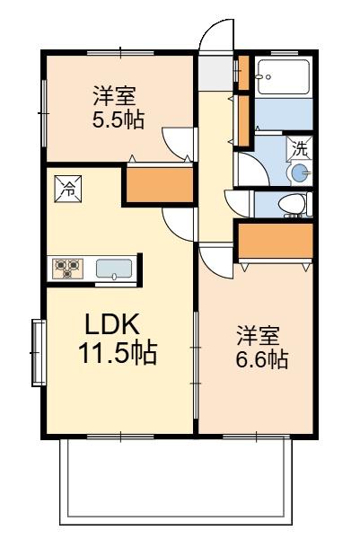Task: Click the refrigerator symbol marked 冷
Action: (68, 189)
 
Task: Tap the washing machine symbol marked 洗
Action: (300, 148)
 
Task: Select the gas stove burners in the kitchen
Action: (67, 269)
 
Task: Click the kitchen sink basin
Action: (114, 269)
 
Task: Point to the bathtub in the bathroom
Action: (284, 77)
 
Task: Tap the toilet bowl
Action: (293, 204)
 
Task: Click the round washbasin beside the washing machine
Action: (300, 172)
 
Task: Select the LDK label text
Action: (112, 323)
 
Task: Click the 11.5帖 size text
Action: (118, 353)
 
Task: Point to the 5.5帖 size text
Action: (119, 119)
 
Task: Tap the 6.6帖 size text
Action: (262, 358)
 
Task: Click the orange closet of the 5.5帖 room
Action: (160, 184)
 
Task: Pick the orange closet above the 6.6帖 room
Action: (276, 241)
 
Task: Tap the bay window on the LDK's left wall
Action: (39, 353)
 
